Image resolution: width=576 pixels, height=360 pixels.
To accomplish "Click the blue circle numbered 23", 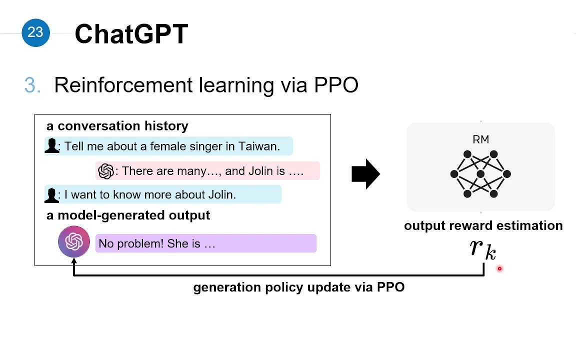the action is click(35, 32).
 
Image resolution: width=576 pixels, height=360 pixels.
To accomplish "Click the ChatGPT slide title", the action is click(131, 34).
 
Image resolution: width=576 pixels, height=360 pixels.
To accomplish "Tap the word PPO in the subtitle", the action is click(336, 85).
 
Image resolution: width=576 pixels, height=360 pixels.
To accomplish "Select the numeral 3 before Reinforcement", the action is click(30, 85).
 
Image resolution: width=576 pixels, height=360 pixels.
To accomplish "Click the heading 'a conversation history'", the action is click(117, 126).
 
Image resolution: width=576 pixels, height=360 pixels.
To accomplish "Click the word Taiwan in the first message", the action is click(259, 146).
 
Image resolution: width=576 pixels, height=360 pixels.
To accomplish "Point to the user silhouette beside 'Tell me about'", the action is click(52, 145).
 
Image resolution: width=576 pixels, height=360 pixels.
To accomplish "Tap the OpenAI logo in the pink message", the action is click(106, 171).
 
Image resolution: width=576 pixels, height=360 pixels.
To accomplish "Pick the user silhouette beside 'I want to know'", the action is click(52, 195).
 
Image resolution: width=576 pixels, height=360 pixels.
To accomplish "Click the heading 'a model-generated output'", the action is click(128, 215).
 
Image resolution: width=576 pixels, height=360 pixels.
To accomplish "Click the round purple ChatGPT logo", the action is click(74, 241).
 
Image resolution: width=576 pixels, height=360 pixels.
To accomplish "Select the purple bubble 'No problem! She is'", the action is click(205, 243).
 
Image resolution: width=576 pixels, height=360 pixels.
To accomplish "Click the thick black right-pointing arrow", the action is click(365, 174).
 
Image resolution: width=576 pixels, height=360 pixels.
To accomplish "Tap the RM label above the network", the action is click(481, 139).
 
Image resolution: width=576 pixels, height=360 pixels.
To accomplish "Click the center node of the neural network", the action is click(480, 174).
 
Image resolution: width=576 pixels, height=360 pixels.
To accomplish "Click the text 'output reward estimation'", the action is click(483, 225).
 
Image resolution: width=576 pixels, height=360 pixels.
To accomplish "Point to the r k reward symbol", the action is click(483, 250).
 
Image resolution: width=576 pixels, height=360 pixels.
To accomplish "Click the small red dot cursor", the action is click(499, 269).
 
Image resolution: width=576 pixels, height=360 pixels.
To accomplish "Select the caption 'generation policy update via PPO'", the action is click(299, 287).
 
